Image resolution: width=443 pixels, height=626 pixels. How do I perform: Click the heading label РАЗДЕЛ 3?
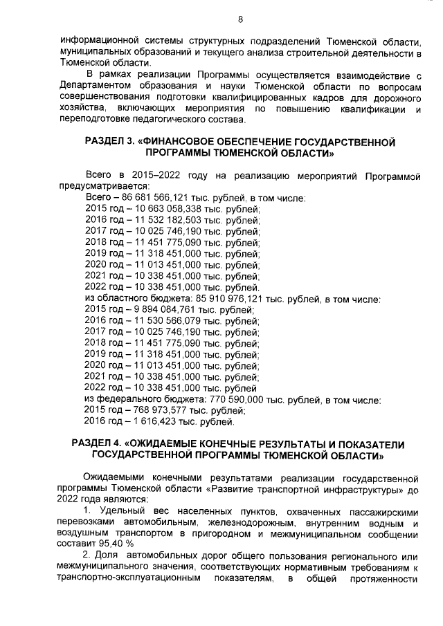(x=108, y=142)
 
